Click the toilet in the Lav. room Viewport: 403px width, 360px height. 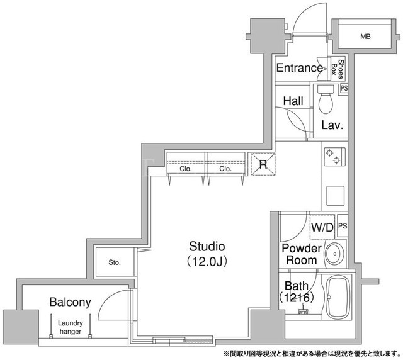[326, 99]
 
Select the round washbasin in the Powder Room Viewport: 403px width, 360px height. [334, 254]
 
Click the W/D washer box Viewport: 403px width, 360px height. [322, 227]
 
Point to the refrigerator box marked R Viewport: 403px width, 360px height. [263, 164]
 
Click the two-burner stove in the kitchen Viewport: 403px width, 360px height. [334, 157]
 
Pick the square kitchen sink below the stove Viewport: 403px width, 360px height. [335, 196]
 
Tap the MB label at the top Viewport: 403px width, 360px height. [365, 37]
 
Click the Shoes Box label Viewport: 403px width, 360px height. [337, 69]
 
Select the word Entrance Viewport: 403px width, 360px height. [300, 68]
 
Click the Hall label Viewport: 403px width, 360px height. [293, 101]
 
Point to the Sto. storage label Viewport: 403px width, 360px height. [115, 262]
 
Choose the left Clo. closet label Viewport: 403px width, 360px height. [186, 169]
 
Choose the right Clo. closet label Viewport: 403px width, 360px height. [225, 169]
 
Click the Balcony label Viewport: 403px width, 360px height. [70, 302]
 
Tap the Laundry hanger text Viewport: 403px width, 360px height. [70, 327]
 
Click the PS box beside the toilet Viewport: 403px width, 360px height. [344, 89]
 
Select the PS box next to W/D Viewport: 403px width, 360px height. [343, 226]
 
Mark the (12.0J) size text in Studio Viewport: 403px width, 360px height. [207, 262]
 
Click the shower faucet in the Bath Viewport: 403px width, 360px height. [304, 309]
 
